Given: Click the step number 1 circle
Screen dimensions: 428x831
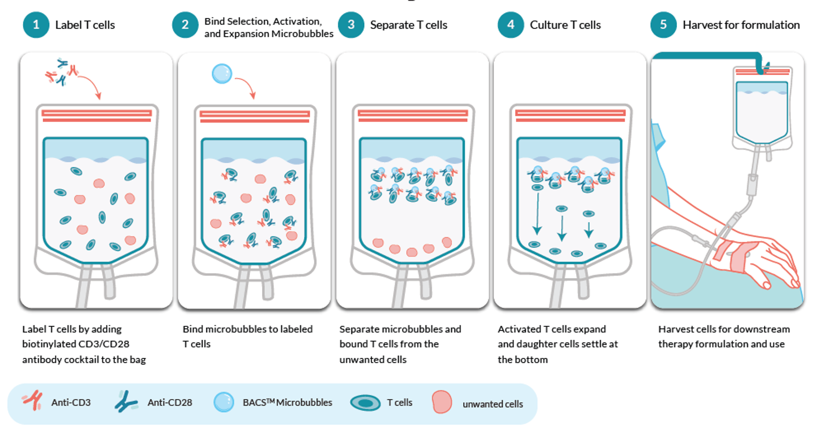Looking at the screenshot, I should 36,25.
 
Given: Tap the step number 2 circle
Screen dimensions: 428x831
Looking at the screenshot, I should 185,25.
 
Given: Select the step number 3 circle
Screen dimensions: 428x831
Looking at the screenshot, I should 351,25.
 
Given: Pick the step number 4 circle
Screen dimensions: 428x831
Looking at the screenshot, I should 511,25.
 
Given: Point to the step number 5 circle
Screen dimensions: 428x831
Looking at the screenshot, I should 663,25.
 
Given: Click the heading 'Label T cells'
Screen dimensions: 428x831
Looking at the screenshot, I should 85,25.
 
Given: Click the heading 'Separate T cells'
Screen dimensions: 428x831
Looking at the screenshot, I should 408,25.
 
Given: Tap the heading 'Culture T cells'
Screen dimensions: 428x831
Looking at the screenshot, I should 565,25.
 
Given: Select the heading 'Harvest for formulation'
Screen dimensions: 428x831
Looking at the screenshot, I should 741,25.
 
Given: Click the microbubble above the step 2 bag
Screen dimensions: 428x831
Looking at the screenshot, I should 222,74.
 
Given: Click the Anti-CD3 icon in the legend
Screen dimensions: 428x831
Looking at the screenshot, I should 32,402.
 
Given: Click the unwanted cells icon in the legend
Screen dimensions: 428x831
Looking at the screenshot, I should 442,402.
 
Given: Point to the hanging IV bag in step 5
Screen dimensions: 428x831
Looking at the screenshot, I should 761,109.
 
